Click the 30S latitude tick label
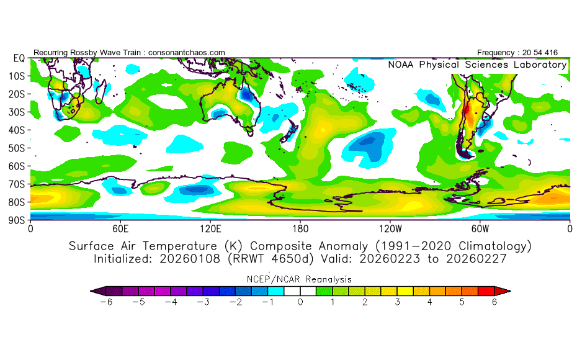pyautogui.click(x=16, y=112)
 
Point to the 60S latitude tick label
pyautogui.click(x=16, y=166)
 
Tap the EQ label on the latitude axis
pyautogui.click(x=19, y=58)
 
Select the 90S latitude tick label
pyautogui.click(x=16, y=220)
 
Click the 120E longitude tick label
pyautogui.click(x=210, y=228)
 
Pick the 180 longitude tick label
pyautogui.click(x=300, y=228)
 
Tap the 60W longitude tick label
pyautogui.click(x=480, y=228)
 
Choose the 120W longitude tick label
pyautogui.click(x=390, y=228)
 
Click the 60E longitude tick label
pyautogui.click(x=120, y=228)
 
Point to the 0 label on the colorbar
pyautogui.click(x=300, y=302)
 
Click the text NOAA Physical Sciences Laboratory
pyautogui.click(x=477, y=65)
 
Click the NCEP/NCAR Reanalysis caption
pyautogui.click(x=300, y=279)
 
